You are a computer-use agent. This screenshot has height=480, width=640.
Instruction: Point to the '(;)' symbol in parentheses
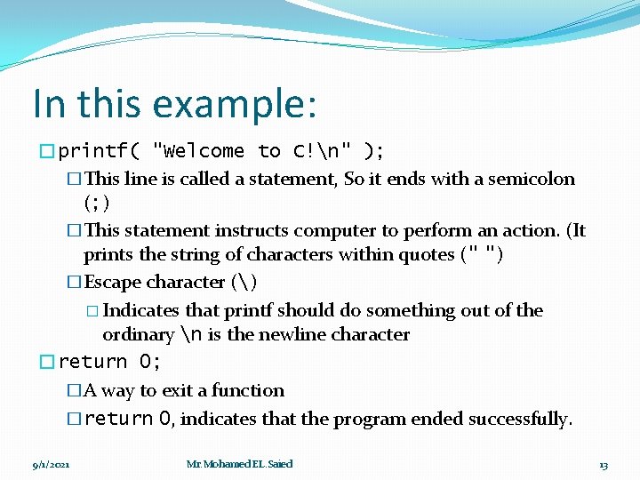pyautogui.click(x=97, y=204)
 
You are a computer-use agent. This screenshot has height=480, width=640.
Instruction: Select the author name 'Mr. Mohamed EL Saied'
pyautogui.click(x=239, y=464)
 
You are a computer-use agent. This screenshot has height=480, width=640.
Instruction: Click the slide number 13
pyautogui.click(x=603, y=464)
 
